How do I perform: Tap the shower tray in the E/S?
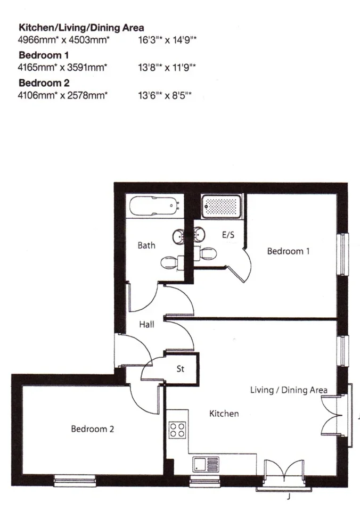[x=221, y=207]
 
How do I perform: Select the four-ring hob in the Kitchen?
[x=177, y=430]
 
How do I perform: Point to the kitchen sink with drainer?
[x=206, y=464]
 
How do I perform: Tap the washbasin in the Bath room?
[x=178, y=235]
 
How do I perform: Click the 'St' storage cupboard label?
[x=181, y=369]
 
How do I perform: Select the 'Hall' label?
[x=147, y=324]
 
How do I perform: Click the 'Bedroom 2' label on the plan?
[x=93, y=429]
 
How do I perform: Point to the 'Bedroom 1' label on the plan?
[x=288, y=251]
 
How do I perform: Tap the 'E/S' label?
[x=228, y=235]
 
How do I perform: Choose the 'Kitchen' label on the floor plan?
[x=224, y=414]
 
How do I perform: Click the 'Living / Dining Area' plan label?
[x=289, y=390]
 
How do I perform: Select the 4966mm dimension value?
[x=37, y=40]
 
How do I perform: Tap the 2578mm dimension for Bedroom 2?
[x=87, y=95]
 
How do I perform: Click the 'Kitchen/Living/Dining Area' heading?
[x=81, y=28]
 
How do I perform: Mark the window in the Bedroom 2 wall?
[x=75, y=481]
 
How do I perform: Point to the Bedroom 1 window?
[x=342, y=254]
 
